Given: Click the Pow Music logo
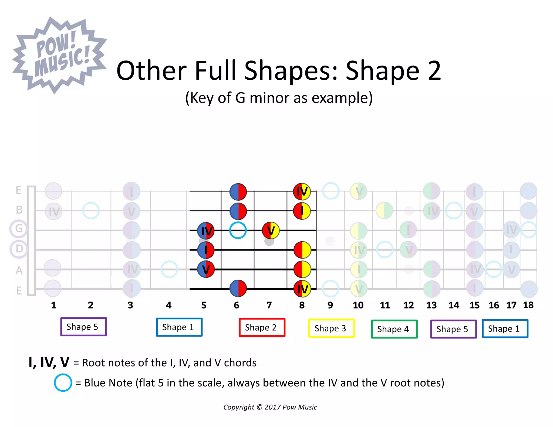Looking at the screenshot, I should pyautogui.click(x=59, y=55).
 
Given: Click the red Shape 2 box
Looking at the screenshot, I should pyautogui.click(x=262, y=327).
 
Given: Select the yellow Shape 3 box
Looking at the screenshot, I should pyautogui.click(x=331, y=328).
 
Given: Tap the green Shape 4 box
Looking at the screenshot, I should pyautogui.click(x=394, y=329).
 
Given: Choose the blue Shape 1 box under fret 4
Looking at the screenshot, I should pyautogui.click(x=179, y=327).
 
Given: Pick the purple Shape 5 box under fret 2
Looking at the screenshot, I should pyautogui.click(x=83, y=327).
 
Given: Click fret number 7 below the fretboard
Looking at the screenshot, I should pyautogui.click(x=269, y=305).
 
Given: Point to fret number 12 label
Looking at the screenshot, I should pyautogui.click(x=408, y=305).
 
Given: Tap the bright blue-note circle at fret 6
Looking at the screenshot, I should pyautogui.click(x=238, y=230).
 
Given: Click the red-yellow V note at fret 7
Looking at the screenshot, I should pyautogui.click(x=271, y=231).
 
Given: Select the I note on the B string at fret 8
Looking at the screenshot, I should pyautogui.click(x=302, y=211).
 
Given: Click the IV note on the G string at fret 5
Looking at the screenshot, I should pyautogui.click(x=206, y=231).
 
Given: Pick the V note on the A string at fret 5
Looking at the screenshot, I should pyautogui.click(x=206, y=269).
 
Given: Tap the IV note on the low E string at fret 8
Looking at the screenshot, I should pyautogui.click(x=302, y=289).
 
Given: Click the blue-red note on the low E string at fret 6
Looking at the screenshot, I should pyautogui.click(x=238, y=288).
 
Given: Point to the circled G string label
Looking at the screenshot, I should pyautogui.click(x=19, y=229).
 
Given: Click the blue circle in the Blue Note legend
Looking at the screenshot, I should pyautogui.click(x=63, y=383).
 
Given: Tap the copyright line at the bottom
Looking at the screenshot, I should pyautogui.click(x=270, y=407).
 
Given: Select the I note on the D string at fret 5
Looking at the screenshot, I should pyautogui.click(x=206, y=250).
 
